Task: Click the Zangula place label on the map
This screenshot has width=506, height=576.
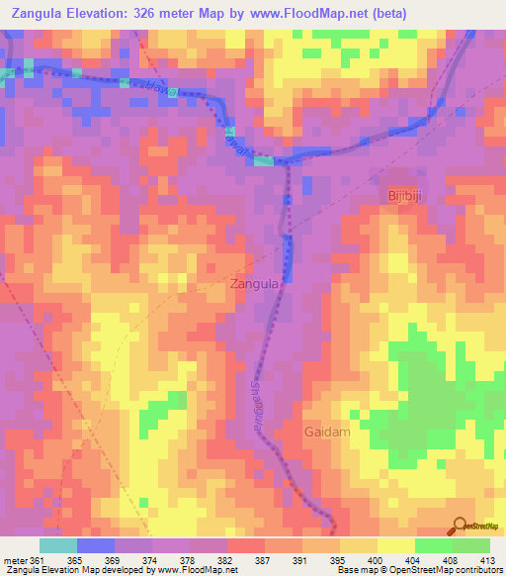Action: click(260, 284)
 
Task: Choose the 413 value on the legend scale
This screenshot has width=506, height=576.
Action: click(487, 560)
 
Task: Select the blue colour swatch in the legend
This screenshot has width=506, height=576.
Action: click(95, 545)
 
